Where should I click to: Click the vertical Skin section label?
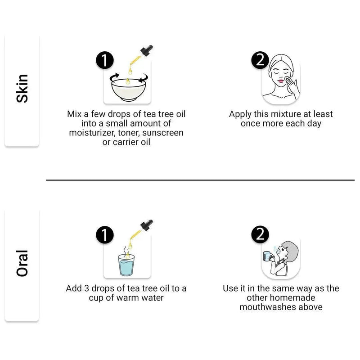(22, 88)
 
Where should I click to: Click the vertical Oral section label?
(22, 263)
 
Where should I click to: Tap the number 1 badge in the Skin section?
(105, 60)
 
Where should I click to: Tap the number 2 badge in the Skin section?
(260, 60)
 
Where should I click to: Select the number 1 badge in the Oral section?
(105, 235)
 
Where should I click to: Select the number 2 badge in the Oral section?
(260, 234)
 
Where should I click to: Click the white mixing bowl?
(129, 90)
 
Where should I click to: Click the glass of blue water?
(126, 265)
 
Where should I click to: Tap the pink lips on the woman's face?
(281, 81)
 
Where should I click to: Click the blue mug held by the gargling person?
(266, 256)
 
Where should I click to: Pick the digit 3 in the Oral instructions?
(86, 288)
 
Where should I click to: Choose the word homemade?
(292, 298)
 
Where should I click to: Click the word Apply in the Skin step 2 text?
(240, 114)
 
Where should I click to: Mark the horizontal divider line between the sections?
(200, 180)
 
